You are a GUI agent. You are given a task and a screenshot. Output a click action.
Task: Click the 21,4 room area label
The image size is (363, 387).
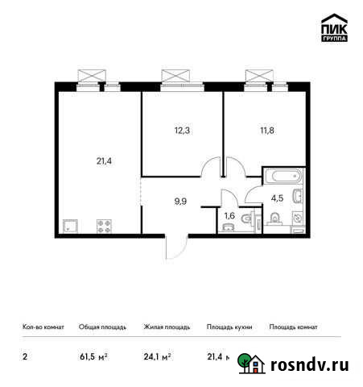pos(105,161)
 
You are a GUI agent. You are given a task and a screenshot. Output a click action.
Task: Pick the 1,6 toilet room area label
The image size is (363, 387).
pos(229,214)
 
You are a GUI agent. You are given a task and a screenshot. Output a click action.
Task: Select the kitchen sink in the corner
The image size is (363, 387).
pos(68,227)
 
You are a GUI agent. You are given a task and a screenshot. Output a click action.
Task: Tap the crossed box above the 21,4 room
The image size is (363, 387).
pos(90,76)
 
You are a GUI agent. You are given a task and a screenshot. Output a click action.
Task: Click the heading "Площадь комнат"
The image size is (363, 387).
pos(294,327)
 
